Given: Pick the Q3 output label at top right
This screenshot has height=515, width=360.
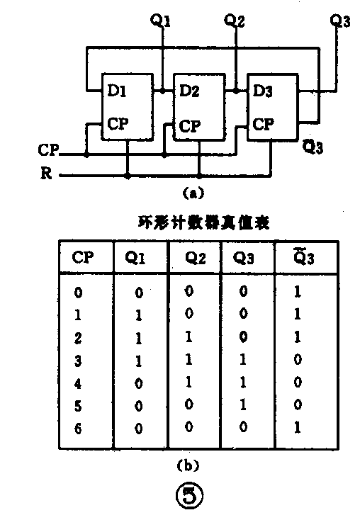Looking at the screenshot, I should point(340,21).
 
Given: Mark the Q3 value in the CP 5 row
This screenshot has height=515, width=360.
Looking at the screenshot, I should point(244,407).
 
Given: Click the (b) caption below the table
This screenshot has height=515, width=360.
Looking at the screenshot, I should point(187,465).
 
